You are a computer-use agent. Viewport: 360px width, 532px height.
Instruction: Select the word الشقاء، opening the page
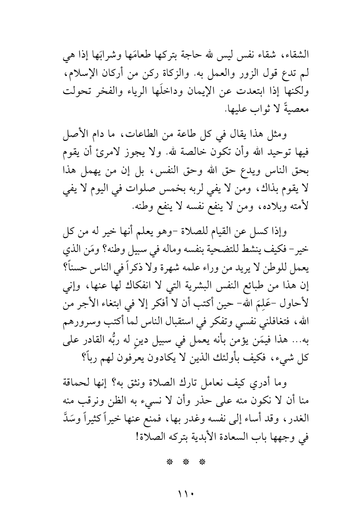pos(299,55)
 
